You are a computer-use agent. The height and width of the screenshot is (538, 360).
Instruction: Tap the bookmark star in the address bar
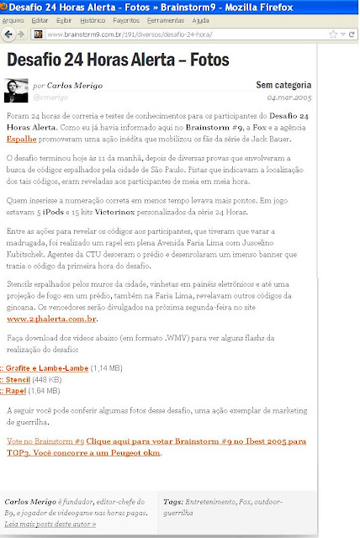[x=334, y=34]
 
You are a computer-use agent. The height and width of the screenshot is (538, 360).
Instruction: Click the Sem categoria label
[x=284, y=85]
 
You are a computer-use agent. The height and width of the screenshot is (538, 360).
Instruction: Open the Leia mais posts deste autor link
[x=50, y=524]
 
